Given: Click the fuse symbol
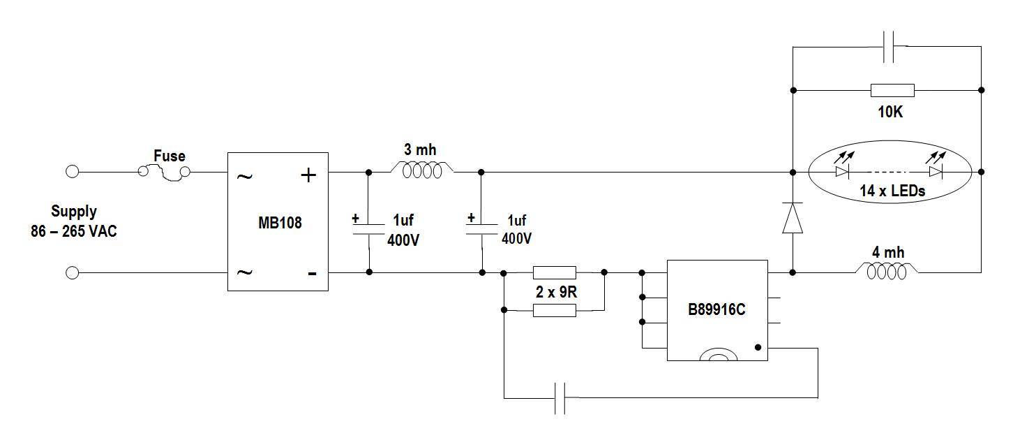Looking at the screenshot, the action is click(164, 172).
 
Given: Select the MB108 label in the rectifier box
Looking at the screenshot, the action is click(280, 223).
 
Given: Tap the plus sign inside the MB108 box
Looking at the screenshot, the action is click(308, 175).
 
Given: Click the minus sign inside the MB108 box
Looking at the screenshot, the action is click(312, 274).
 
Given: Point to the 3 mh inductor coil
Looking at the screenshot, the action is click(422, 170).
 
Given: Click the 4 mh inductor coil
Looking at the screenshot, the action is click(886, 271).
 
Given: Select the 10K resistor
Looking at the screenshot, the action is click(892, 91).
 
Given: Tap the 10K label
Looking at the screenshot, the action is click(890, 112).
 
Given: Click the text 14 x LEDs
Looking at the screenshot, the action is click(892, 191).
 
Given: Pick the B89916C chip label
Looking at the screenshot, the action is click(716, 310).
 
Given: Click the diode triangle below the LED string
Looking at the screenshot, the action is click(793, 218).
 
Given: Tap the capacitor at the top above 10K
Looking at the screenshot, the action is click(888, 47).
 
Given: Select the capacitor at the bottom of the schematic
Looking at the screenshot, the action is click(560, 398).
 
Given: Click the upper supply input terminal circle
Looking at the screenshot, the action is click(73, 172).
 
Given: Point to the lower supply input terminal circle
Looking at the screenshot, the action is click(73, 272).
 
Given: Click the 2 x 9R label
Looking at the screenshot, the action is click(556, 292).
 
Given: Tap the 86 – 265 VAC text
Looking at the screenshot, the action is click(74, 231).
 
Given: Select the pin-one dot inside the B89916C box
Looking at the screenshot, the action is click(758, 347).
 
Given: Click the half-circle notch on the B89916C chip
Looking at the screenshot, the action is click(718, 354).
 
